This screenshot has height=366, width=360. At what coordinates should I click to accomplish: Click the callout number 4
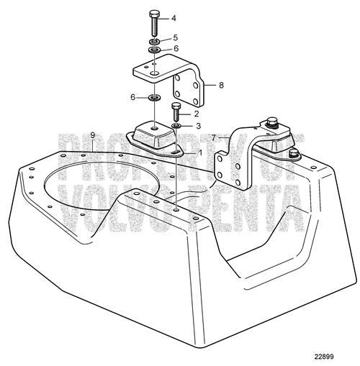coord(174,18)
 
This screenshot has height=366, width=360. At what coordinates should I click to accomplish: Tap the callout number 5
coord(175,37)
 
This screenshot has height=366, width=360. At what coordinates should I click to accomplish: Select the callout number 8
coord(221,85)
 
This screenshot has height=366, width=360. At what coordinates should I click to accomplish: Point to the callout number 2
coord(197,114)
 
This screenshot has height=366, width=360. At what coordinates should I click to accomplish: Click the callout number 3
coord(198,126)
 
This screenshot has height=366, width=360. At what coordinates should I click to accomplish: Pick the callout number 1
coord(199,152)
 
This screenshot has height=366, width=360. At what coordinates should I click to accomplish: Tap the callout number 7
coord(214,138)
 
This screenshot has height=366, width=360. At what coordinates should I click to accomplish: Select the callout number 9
coord(93,135)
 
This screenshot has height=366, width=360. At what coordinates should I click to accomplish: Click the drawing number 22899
coord(324,357)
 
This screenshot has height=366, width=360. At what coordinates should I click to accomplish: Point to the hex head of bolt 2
coord(176,106)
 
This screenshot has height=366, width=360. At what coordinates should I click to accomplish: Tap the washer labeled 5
coord(154,42)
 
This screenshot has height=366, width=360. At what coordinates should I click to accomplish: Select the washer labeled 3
coord(176,126)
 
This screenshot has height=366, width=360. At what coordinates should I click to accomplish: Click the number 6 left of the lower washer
coord(132,97)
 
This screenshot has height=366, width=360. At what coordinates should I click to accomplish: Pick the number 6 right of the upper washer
coord(176,49)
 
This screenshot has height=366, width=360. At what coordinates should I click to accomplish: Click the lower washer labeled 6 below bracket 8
coord(154,98)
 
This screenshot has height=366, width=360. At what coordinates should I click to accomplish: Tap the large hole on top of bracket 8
coord(155,73)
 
